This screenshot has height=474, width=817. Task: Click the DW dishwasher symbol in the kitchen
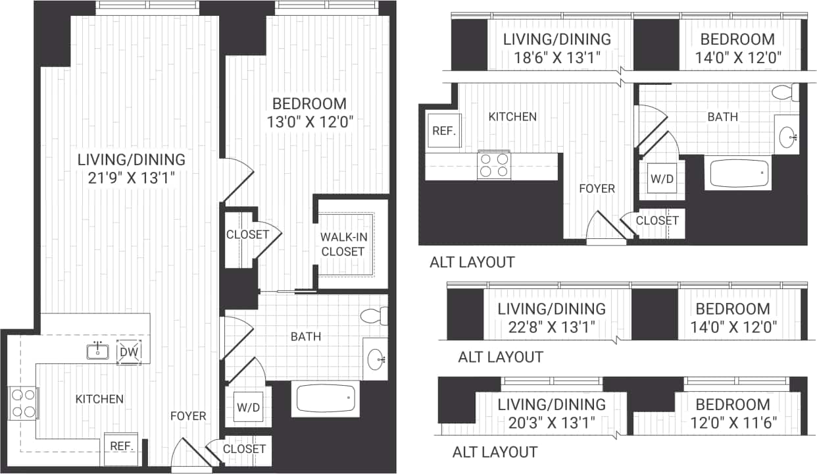coord(128,353)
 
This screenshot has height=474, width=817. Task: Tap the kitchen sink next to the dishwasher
coord(98,351)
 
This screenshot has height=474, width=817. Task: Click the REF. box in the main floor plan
coord(122,446)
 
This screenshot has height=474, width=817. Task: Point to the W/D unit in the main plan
coord(248,408)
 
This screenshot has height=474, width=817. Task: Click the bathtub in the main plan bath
coord(326,399)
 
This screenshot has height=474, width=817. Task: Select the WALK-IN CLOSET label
coord(342,244)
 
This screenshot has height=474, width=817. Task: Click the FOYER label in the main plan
coord(188,416)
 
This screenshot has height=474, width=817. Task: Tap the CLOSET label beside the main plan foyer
coord(244,449)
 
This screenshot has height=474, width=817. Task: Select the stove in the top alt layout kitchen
coord(494,165)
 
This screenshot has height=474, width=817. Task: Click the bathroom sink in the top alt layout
coord(787,136)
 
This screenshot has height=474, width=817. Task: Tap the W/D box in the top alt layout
coord(662,178)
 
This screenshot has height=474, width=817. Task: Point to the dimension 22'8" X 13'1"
coord(551,326)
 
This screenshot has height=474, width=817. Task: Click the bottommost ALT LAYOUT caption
coord(495,452)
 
